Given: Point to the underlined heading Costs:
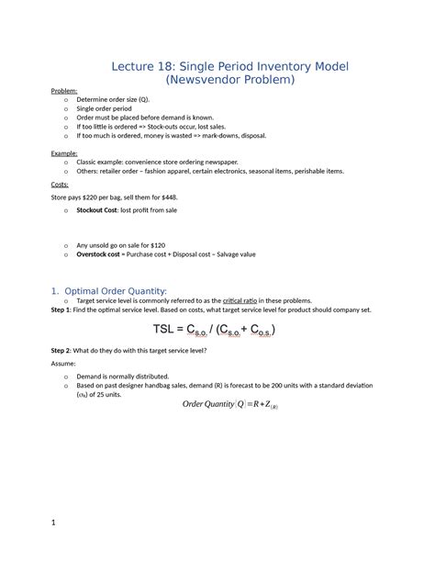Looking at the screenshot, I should click(x=60, y=184).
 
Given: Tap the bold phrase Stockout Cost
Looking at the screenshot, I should click(x=104, y=210).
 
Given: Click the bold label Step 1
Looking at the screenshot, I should click(x=63, y=310).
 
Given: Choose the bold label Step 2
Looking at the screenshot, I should click(x=63, y=352).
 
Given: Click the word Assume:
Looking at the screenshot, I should click(x=65, y=364).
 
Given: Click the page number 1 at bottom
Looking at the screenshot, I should click(x=54, y=524).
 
